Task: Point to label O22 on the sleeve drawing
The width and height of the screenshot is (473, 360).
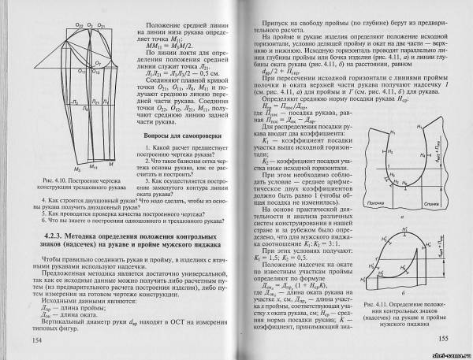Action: (x=80, y=26)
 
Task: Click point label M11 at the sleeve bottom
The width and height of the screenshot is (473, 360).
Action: (x=93, y=168)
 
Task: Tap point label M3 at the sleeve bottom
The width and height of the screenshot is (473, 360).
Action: (x=76, y=169)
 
